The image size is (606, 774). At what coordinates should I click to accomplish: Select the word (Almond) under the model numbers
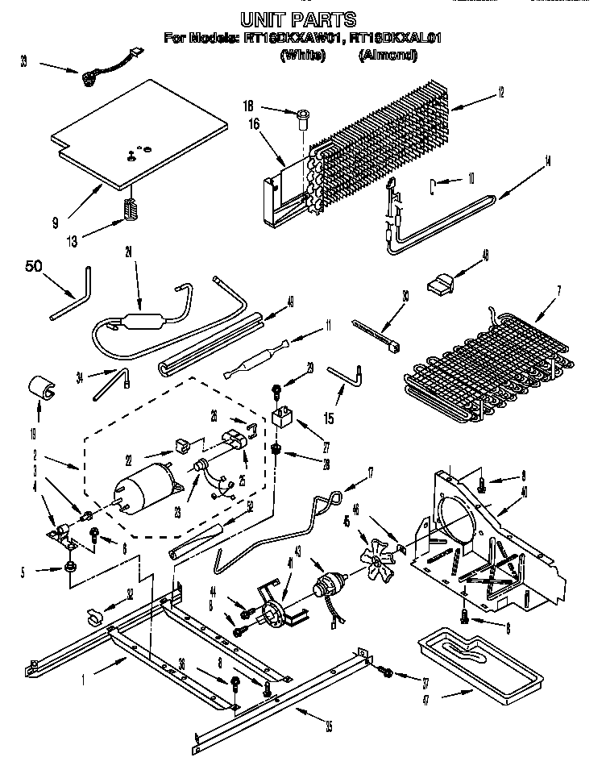click(388, 56)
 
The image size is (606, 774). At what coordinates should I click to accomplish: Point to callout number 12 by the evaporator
click(500, 93)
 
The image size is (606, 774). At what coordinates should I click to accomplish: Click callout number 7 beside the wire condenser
click(559, 289)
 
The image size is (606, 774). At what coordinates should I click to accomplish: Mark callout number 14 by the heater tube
click(548, 160)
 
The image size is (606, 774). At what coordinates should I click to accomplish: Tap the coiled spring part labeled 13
click(131, 208)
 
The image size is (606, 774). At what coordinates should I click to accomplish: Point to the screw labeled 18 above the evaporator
click(303, 119)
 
